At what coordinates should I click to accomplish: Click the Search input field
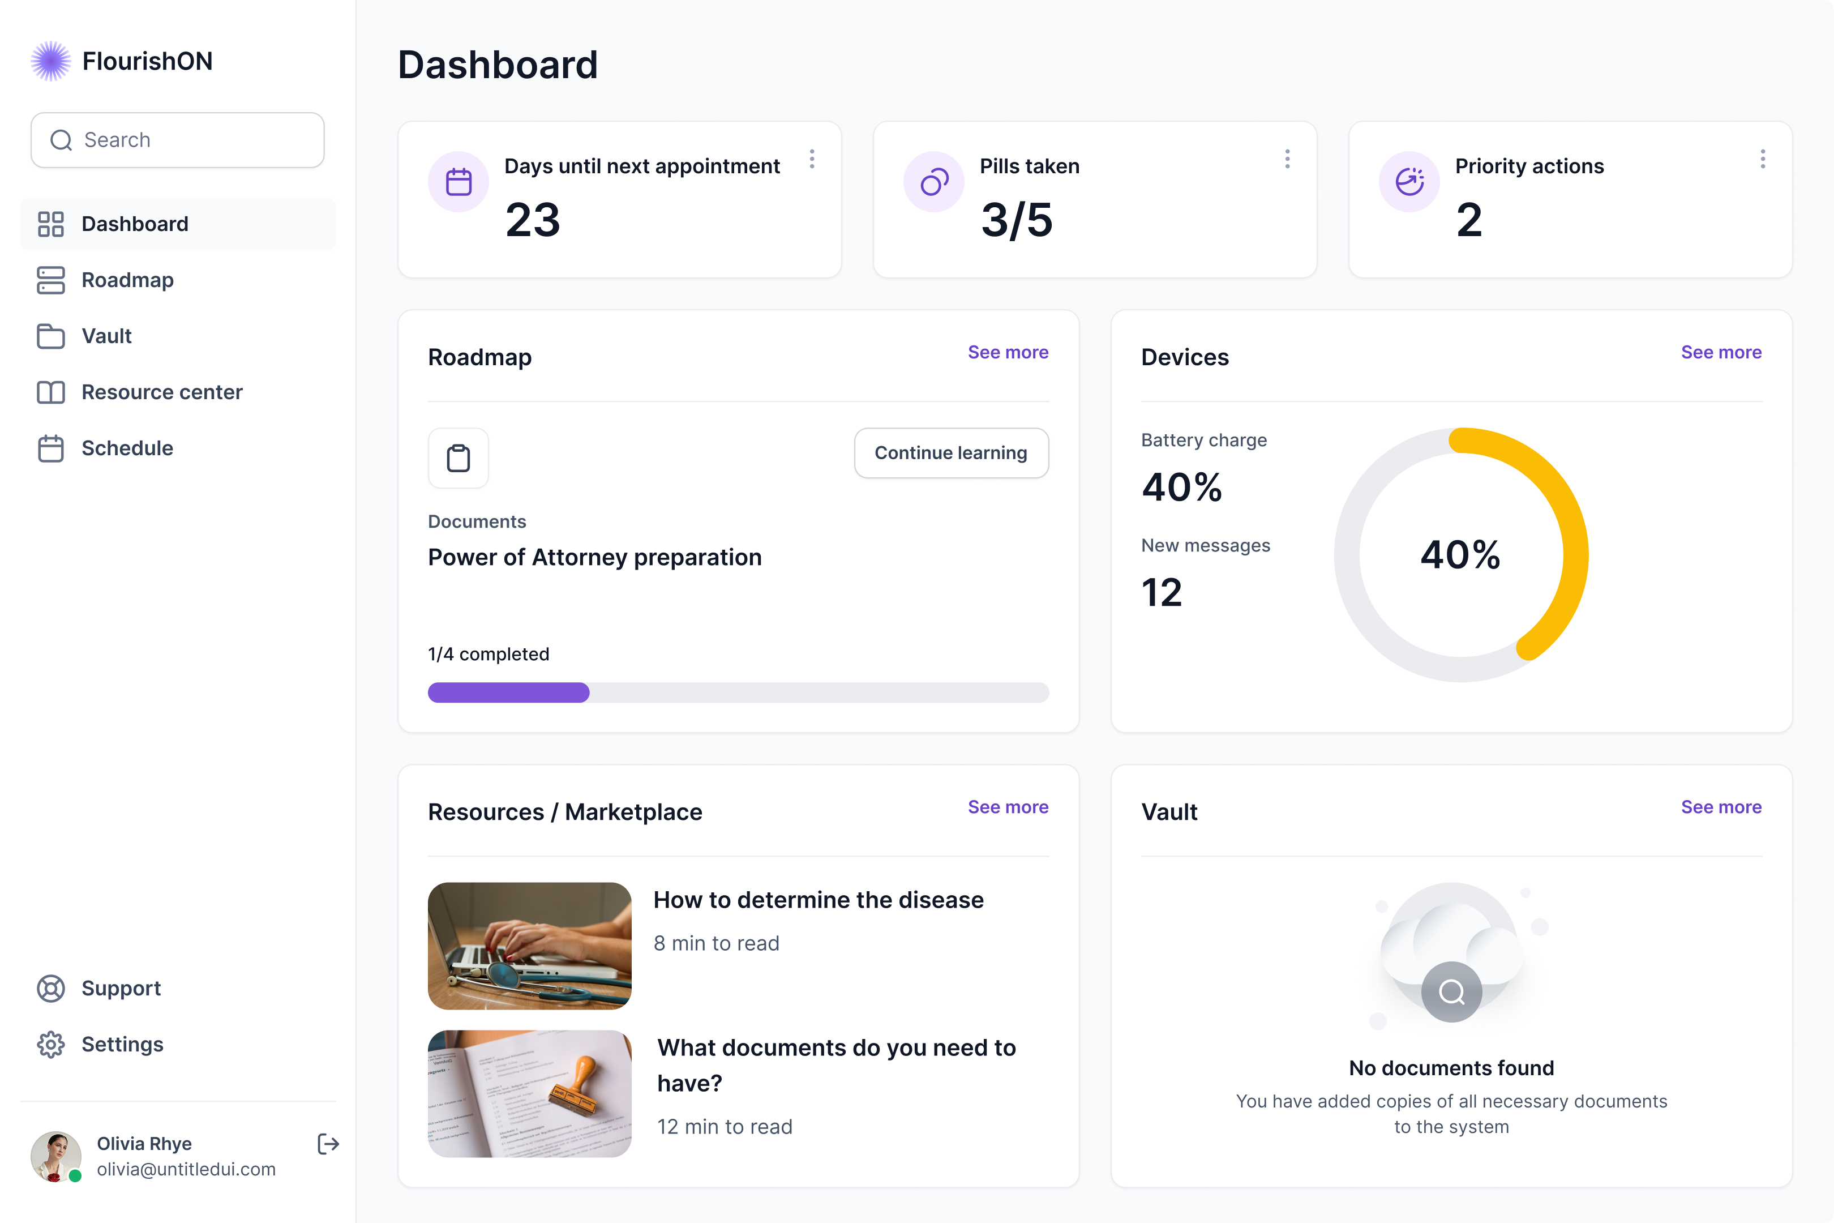tap(178, 140)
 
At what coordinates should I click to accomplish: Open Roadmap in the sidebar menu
tap(127, 280)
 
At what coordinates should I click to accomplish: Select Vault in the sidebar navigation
tap(107, 336)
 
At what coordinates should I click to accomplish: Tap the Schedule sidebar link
tap(127, 448)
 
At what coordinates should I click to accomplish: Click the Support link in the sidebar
tap(121, 988)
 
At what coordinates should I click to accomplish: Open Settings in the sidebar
tap(122, 1045)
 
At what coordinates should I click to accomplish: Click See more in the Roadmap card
tap(1008, 353)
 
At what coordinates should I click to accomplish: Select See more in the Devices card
tap(1721, 353)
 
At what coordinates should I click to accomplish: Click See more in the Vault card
tap(1721, 807)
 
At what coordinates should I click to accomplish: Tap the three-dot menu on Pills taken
tap(1287, 159)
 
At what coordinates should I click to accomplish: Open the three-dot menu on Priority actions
tap(1762, 159)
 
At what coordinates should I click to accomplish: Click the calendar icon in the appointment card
tap(459, 182)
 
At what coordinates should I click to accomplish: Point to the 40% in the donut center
tap(1460, 554)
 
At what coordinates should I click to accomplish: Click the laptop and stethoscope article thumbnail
tap(529, 946)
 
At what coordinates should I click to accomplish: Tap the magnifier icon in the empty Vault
tap(1451, 992)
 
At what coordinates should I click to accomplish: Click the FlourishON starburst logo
tap(51, 61)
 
